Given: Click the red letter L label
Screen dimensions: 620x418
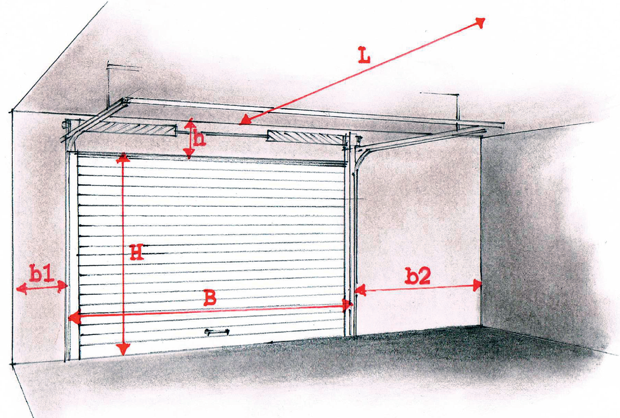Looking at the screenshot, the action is click(364, 55).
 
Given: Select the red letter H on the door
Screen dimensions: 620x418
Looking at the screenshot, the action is click(137, 252).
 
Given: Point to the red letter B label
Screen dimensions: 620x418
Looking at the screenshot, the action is click(210, 297).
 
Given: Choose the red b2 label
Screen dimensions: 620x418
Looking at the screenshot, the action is click(418, 276).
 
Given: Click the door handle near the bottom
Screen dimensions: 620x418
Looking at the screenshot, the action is click(217, 332).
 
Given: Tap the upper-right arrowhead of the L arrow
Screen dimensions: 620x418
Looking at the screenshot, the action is click(480, 23).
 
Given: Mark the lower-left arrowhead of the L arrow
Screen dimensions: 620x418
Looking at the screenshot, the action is click(245, 121).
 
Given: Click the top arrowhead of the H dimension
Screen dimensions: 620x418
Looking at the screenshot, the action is click(123, 159).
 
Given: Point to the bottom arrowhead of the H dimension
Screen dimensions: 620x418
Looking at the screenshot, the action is click(123, 349).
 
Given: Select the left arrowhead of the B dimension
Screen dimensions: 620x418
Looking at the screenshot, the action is click(74, 318).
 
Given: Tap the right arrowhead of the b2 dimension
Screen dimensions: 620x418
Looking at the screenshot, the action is click(477, 285).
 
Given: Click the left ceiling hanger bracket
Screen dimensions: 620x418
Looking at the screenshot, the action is click(108, 83).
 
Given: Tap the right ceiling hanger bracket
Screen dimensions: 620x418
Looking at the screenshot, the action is click(457, 111).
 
